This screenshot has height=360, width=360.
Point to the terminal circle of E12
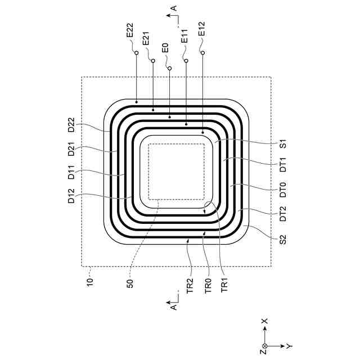pyautogui.click(x=202, y=53)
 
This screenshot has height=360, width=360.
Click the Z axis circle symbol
pyautogui.click(x=265, y=345)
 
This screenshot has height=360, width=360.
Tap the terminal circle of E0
pyautogui.click(x=169, y=69)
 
